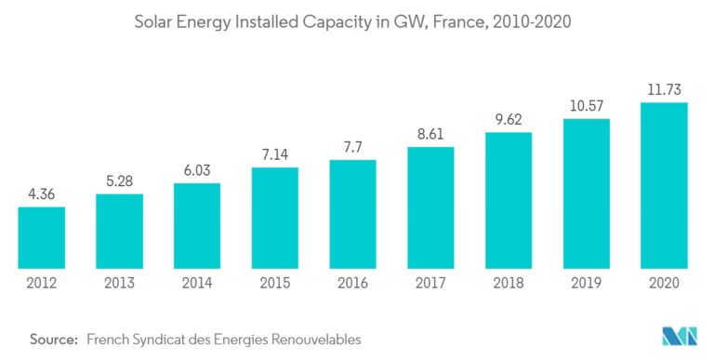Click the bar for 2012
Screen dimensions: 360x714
click(41, 235)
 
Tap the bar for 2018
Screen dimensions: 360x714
click(508, 198)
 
